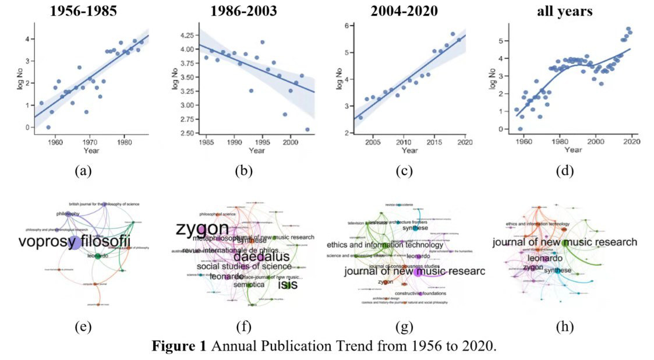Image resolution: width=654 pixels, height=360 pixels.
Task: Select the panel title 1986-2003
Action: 245,11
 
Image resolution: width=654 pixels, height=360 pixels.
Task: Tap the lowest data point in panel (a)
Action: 48,127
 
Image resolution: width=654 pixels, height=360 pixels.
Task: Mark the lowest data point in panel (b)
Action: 307,129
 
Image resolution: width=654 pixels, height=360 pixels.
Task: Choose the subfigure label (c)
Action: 403,171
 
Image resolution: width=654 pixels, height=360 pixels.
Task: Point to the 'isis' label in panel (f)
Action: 287,284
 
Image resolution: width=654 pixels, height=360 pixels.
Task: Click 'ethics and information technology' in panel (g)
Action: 385,245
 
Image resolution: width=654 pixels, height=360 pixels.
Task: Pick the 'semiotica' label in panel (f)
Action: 248,285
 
